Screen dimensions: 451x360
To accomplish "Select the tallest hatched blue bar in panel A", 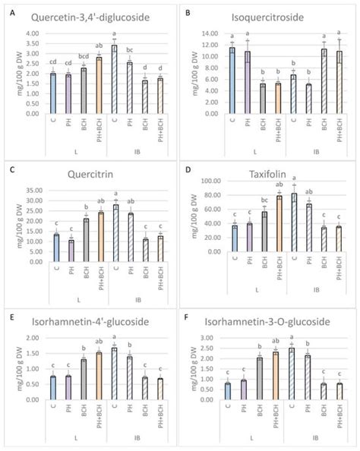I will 114,79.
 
